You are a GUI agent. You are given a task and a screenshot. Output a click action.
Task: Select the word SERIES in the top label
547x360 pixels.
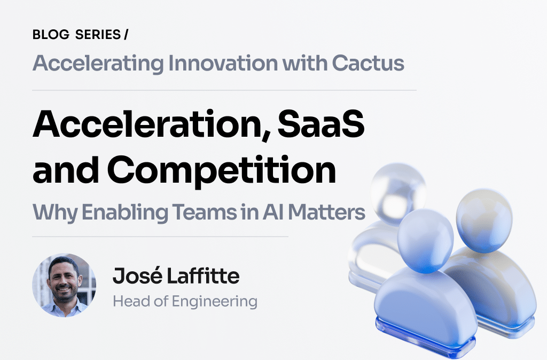tap(90, 35)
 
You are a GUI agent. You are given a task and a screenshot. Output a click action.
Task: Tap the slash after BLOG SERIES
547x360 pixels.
tap(126, 35)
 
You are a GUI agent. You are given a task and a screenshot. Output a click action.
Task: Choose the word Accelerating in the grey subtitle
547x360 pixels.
tap(98, 64)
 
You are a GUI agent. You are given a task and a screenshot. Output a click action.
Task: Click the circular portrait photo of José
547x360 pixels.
tap(64, 285)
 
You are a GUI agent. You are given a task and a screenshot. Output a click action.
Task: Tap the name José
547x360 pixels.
tap(133, 277)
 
